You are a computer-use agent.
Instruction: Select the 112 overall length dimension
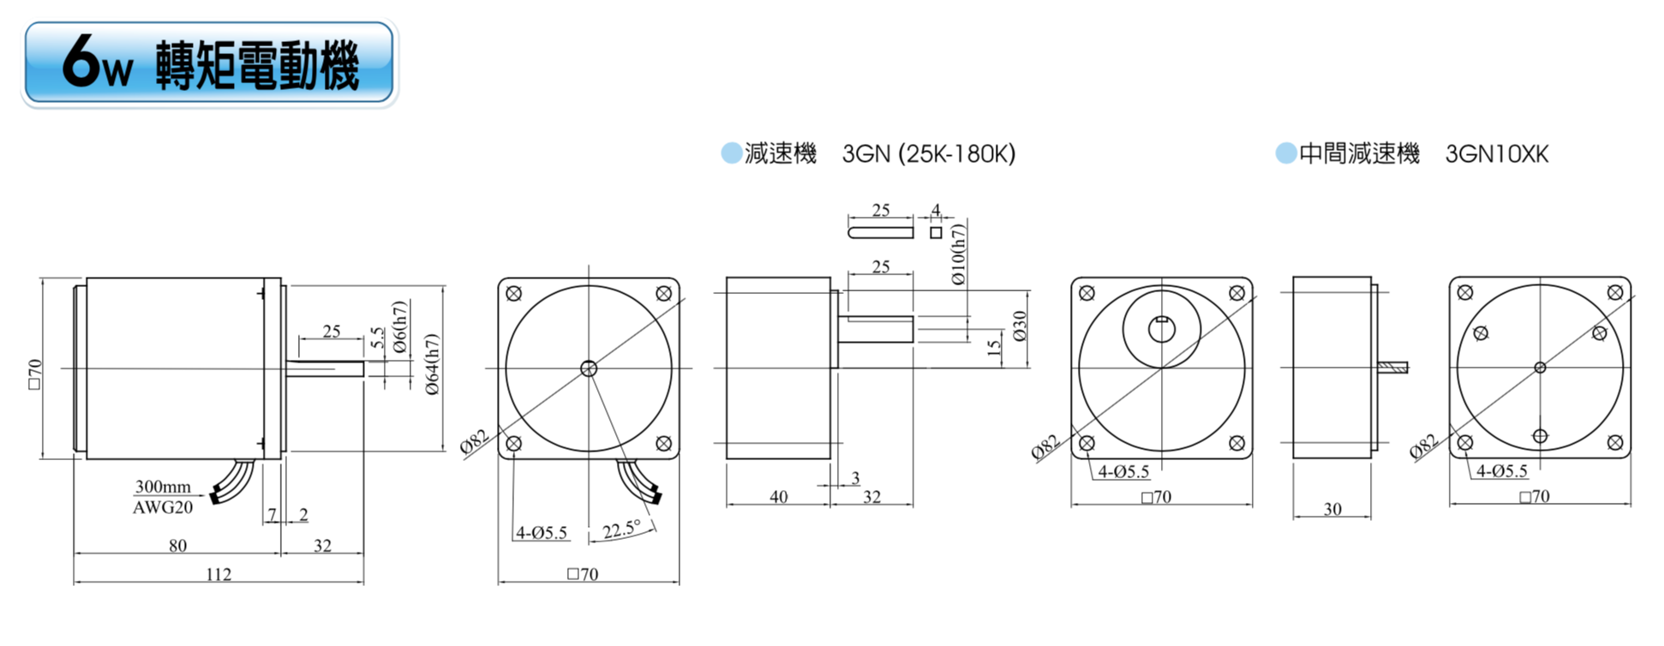218,574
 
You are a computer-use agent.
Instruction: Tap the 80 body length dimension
177,546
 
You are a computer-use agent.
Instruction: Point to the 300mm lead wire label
163,487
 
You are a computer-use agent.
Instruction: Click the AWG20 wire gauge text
163,507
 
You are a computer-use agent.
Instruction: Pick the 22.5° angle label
621,529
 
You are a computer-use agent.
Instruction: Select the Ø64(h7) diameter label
433,364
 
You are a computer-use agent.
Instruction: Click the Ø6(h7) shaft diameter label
399,327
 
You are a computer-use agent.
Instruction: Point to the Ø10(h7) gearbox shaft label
958,254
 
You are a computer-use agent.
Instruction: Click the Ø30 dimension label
1019,326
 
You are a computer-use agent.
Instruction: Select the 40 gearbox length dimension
778,497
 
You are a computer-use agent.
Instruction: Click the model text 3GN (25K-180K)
929,154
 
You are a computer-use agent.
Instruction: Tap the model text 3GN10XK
1497,154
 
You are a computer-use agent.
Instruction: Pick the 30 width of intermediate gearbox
1332,509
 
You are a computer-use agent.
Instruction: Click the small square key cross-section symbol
936,232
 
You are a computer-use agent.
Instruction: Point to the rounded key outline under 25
881,232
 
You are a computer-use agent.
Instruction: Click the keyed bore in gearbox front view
1161,329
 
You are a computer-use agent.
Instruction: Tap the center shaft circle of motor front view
589,368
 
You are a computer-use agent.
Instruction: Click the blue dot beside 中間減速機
1285,153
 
